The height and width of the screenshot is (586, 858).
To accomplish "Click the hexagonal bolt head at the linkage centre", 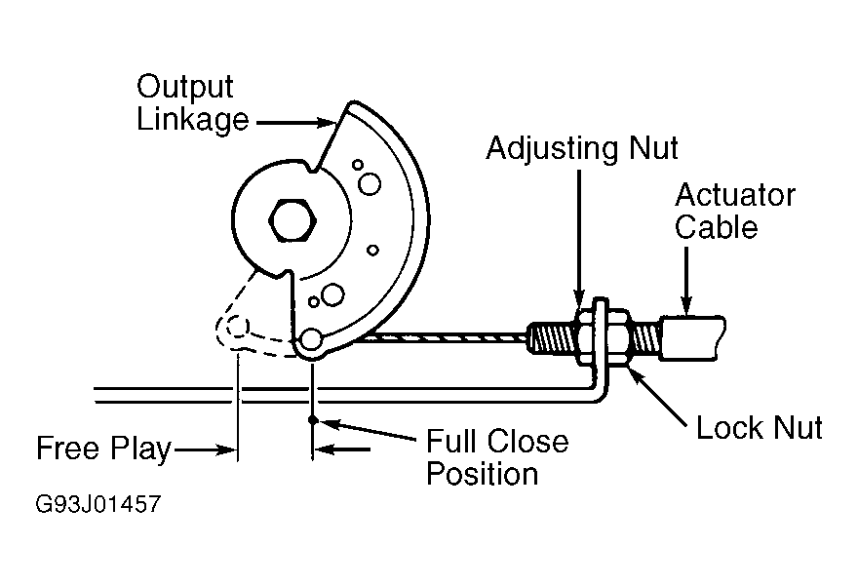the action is tap(292, 220).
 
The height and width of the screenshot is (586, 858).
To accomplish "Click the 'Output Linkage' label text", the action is tap(192, 104).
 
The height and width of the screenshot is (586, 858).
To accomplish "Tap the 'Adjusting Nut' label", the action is tap(582, 148).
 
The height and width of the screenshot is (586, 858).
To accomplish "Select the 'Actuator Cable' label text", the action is tap(734, 212).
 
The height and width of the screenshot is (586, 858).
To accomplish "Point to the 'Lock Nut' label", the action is tap(759, 427).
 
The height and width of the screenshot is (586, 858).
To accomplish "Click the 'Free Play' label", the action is tap(103, 449).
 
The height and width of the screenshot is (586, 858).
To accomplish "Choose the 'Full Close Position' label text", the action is tap(497, 457).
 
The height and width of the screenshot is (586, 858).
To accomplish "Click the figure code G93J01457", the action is tap(97, 504).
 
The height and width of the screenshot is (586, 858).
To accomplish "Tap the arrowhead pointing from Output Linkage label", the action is tap(326, 123).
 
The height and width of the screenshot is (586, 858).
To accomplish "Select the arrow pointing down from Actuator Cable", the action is tap(686, 279).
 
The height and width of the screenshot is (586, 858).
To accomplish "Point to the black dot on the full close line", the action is tap(312, 420).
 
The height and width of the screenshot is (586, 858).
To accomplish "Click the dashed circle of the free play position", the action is tap(238, 328).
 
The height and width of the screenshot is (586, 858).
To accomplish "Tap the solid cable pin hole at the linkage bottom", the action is tap(311, 338).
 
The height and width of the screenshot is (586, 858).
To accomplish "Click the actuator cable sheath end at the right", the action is tap(693, 337).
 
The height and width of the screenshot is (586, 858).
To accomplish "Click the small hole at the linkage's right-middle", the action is tap(372, 250).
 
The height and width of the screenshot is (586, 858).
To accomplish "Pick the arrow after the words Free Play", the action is tap(204, 450).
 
